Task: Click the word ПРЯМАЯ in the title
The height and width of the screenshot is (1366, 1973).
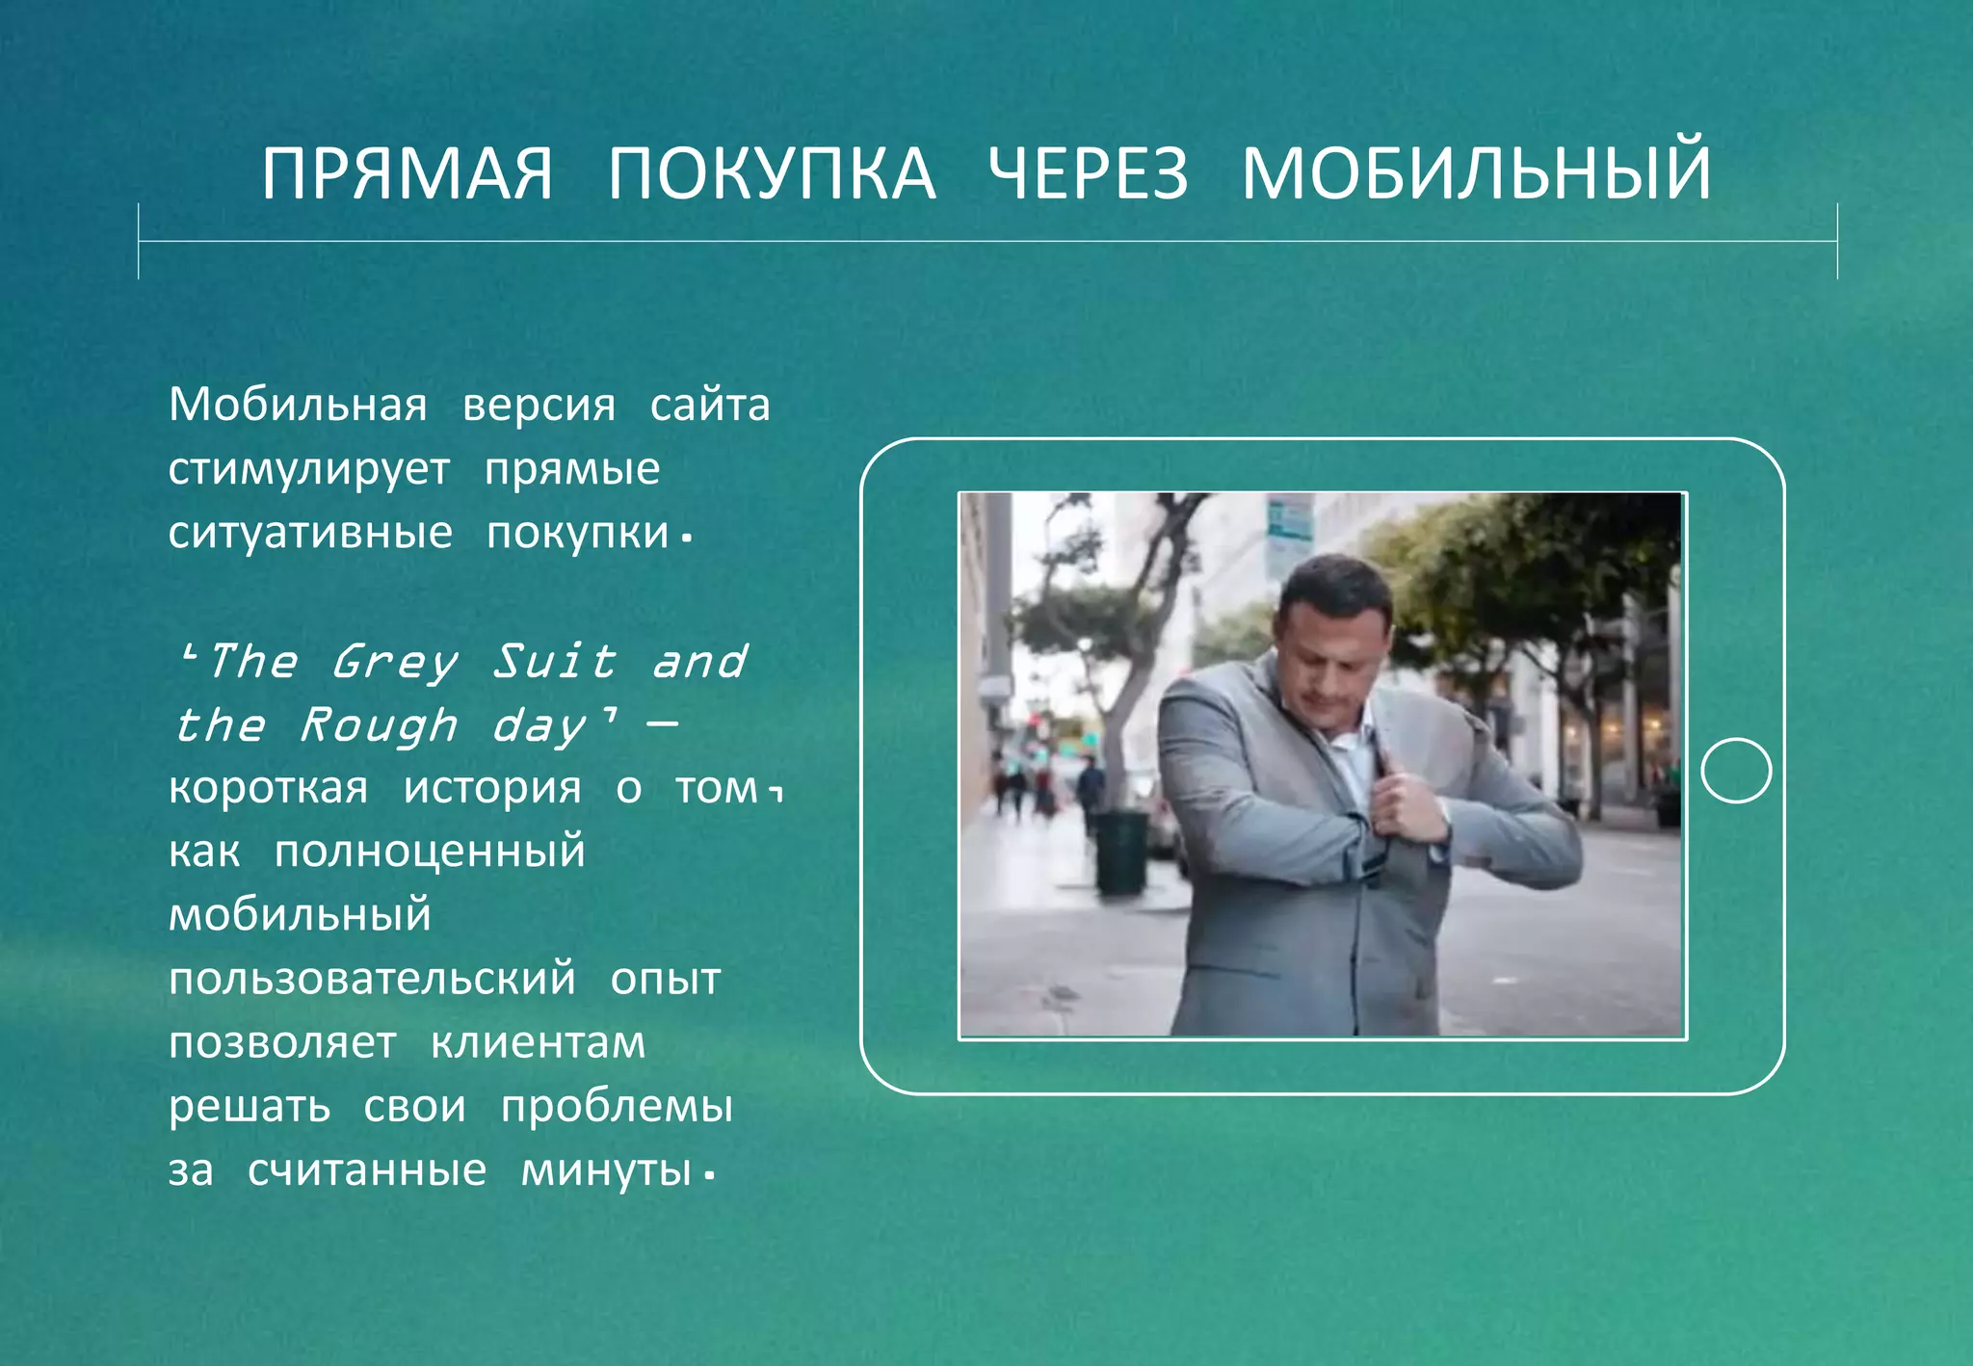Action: tap(408, 174)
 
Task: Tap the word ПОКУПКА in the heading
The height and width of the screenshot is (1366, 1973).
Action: tap(771, 174)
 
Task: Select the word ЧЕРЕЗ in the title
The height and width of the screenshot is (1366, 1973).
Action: tap(1089, 174)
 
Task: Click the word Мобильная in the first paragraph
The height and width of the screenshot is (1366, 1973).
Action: tap(298, 405)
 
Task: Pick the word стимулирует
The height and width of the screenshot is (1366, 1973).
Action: tap(308, 470)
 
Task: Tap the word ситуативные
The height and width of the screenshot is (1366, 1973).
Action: tap(310, 533)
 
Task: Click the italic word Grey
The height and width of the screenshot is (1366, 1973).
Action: tap(394, 663)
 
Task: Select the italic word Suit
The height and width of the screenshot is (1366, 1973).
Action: tap(554, 662)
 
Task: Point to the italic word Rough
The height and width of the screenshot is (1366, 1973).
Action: tap(378, 725)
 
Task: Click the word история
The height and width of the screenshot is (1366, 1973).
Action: tap(492, 789)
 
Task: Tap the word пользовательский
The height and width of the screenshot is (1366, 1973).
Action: tap(372, 980)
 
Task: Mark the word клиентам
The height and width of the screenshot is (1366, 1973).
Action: tap(538, 1043)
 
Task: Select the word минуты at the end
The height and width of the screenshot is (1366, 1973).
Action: tap(606, 1170)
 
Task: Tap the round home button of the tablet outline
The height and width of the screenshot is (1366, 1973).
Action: tap(1735, 771)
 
